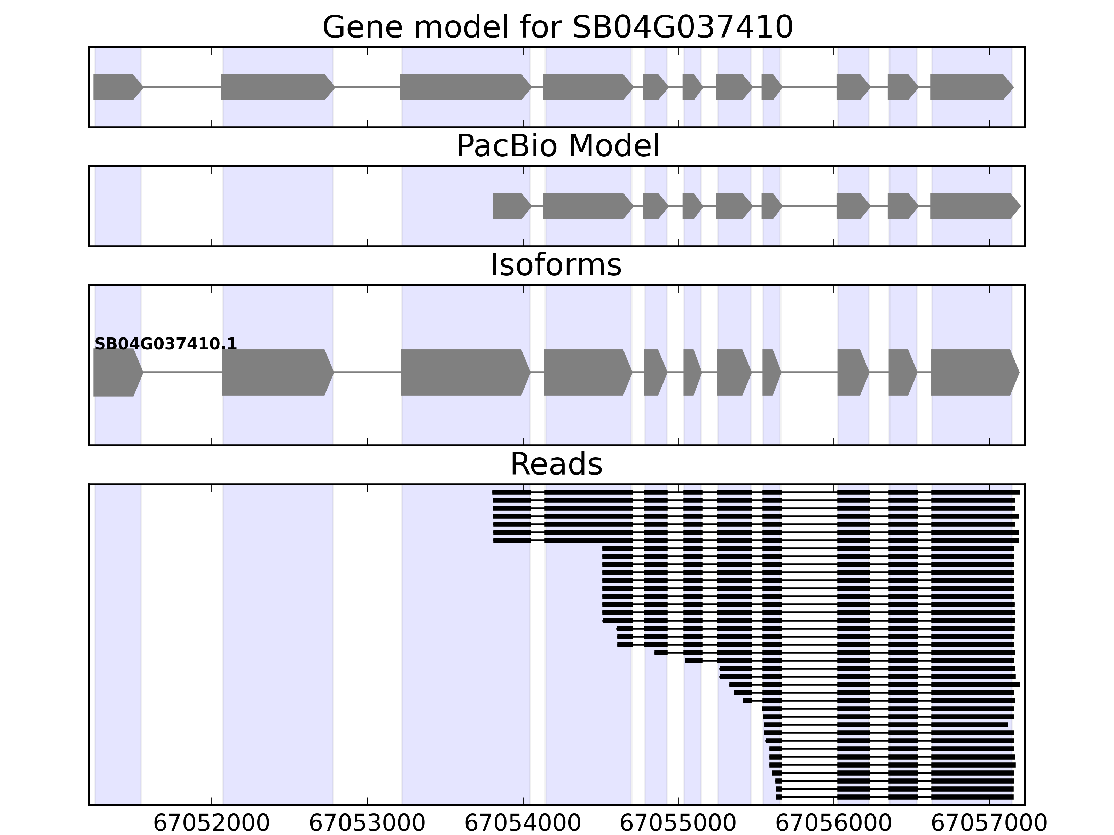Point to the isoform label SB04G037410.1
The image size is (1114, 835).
click(165, 344)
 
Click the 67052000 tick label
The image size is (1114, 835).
click(212, 824)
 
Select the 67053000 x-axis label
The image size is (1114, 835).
click(367, 824)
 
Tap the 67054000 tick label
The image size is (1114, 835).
click(523, 824)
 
